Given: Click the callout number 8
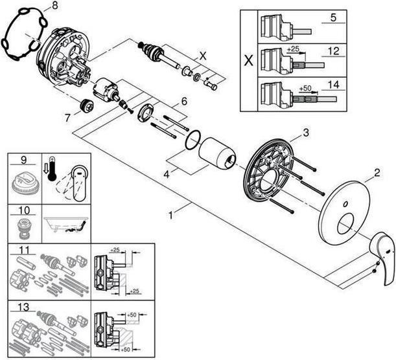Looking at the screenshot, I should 54,6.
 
